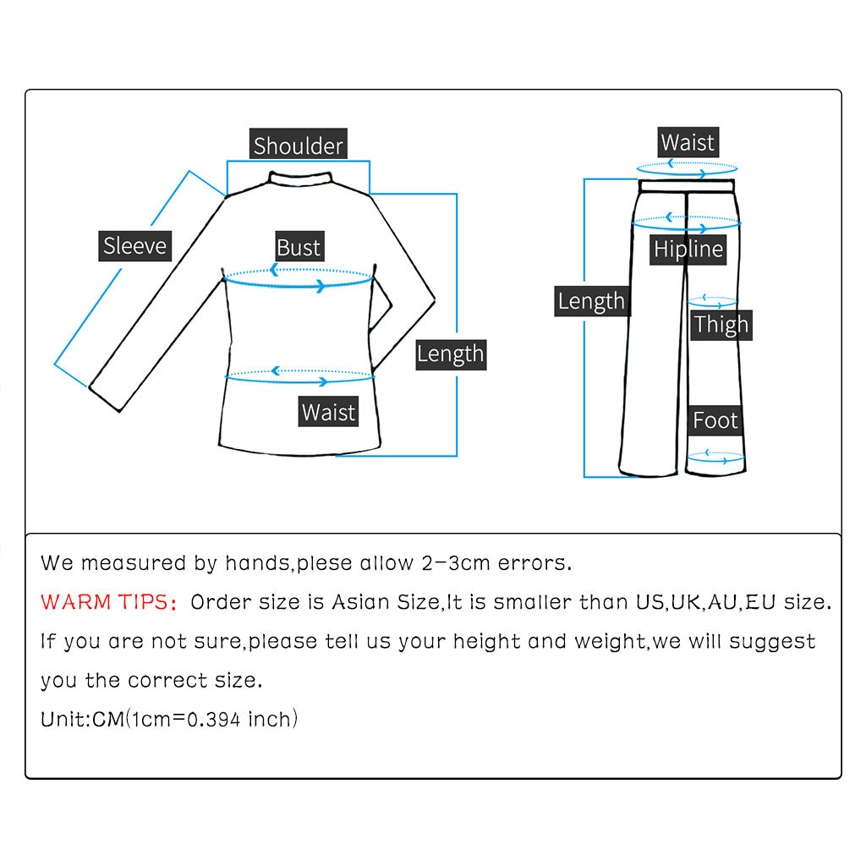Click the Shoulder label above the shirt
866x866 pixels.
[x=299, y=145]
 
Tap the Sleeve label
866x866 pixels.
[x=134, y=245]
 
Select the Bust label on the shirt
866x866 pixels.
[x=299, y=247]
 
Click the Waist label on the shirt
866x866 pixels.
[x=328, y=412]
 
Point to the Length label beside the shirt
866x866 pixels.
[x=450, y=354]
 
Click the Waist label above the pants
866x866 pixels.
[x=688, y=142]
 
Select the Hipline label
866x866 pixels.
[x=688, y=249]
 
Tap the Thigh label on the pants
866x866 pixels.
[x=721, y=324]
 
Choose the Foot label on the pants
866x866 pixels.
[x=715, y=419]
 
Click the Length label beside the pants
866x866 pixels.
[x=591, y=300]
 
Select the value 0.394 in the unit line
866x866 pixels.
[x=213, y=720]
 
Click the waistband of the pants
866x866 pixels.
[x=687, y=185]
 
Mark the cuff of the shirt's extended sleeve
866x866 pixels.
[x=105, y=398]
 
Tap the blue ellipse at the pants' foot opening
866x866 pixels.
[x=715, y=458]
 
